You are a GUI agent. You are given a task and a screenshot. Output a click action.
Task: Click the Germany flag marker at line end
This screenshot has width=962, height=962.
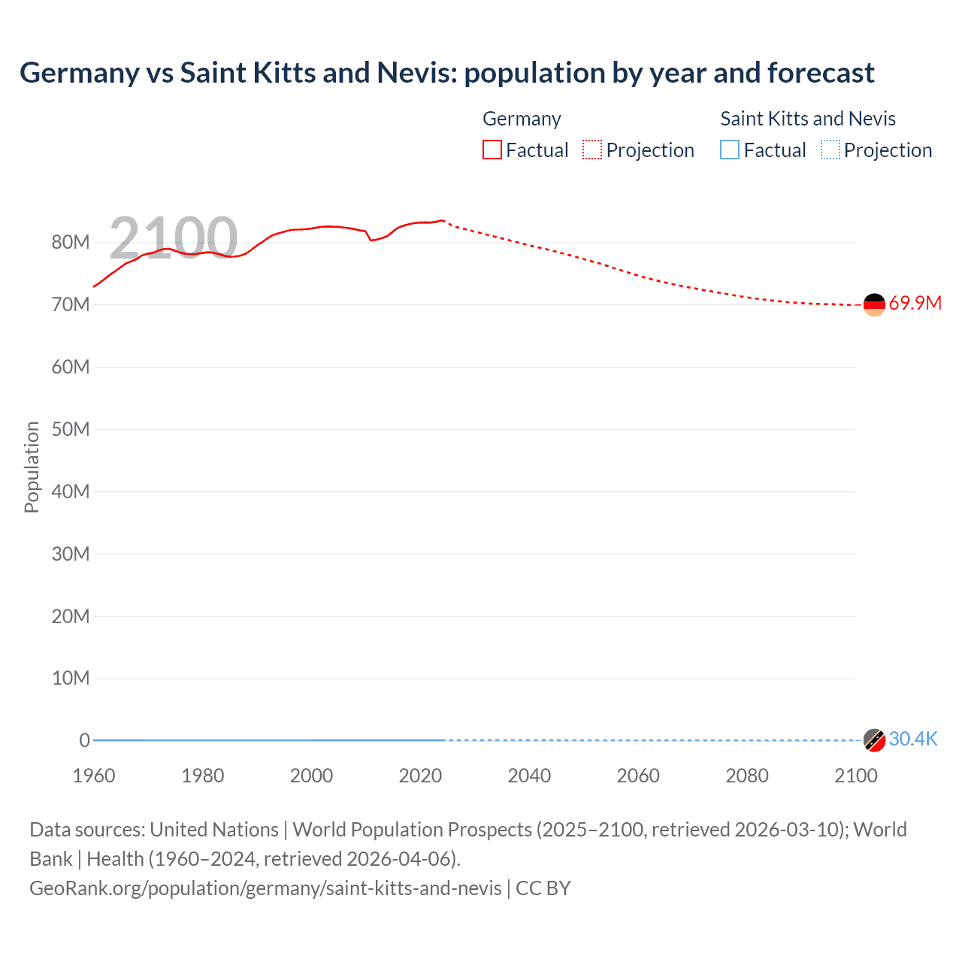coord(874,304)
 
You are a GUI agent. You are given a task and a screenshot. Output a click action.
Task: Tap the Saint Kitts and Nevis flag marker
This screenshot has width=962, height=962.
coord(874,740)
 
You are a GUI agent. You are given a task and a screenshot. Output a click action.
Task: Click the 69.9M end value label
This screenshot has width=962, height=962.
coord(915,304)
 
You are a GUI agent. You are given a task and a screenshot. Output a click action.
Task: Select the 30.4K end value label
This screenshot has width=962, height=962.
coord(913,740)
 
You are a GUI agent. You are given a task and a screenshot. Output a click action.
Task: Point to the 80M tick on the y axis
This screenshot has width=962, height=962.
coord(71,243)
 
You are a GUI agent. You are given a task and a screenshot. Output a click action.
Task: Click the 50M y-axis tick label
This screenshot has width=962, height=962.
coord(71,430)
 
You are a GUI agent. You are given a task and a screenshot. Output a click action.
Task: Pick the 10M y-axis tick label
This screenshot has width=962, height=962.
coord(71,679)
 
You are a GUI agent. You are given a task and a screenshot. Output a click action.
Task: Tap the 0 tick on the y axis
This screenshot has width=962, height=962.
coord(84,741)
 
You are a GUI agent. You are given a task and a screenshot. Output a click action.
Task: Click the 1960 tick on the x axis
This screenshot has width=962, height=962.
coord(94,776)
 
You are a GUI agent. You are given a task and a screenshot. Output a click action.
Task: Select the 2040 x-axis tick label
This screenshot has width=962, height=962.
coord(529,776)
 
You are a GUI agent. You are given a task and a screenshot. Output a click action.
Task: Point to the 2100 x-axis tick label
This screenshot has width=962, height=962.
coord(855,776)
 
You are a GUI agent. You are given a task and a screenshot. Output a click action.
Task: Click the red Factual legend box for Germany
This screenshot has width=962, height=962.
coord(492,150)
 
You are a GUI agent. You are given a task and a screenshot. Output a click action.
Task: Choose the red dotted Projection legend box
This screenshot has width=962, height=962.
coord(592,150)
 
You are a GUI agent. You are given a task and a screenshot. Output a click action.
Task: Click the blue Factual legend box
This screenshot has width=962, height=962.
coord(730,150)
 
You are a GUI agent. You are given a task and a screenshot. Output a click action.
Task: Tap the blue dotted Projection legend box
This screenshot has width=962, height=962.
coord(830,150)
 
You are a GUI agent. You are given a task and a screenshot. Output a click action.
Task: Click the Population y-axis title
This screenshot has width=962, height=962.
coord(32,467)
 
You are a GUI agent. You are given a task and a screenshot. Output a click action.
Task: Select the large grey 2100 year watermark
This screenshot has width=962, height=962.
coord(174,238)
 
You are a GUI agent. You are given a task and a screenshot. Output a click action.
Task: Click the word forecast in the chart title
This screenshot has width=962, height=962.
coord(821,73)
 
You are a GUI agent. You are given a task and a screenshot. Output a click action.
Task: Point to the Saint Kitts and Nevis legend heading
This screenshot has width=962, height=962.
coord(808,119)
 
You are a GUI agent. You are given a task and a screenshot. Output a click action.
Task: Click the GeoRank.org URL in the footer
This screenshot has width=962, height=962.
coord(265,888)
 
